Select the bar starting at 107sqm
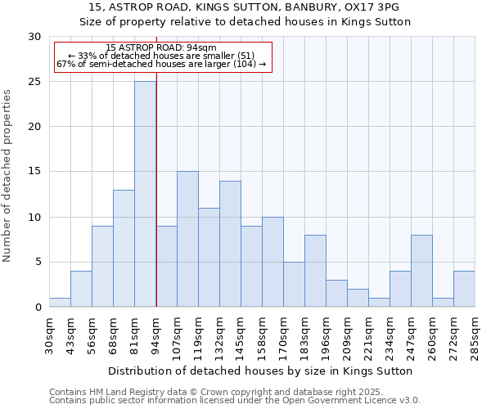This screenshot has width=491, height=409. (187, 239)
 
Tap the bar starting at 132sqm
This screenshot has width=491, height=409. (230, 244)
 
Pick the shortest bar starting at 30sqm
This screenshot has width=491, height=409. (60, 303)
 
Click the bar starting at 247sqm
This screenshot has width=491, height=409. (421, 271)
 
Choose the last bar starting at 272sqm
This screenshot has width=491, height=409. (464, 289)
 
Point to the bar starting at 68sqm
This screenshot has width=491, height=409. (124, 248)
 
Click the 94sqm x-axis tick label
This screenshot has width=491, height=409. (156, 334)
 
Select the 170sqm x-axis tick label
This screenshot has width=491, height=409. (284, 335)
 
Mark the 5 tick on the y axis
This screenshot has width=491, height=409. (38, 263)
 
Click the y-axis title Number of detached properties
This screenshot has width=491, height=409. (8, 175)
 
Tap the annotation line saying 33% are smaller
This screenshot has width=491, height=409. (161, 56)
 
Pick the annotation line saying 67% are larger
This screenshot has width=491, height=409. (161, 64)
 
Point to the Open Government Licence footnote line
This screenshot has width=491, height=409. (235, 400)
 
